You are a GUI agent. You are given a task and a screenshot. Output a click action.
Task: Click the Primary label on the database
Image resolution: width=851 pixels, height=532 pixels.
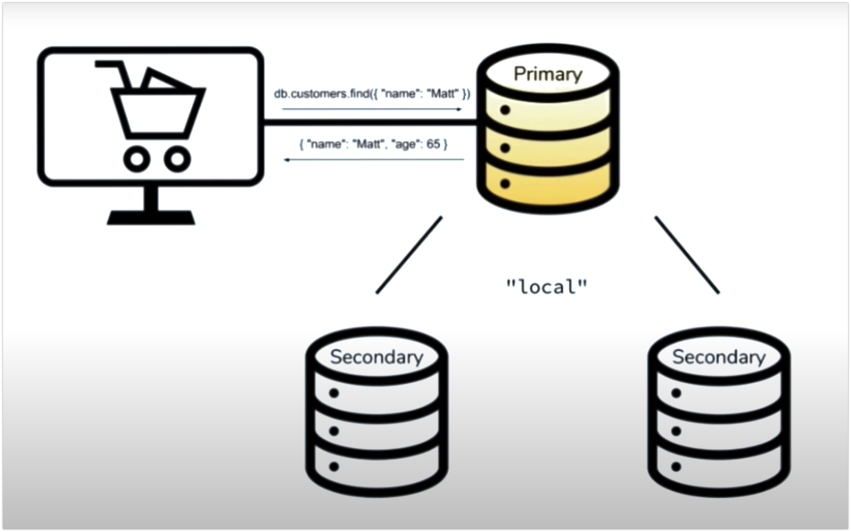pos(548,74)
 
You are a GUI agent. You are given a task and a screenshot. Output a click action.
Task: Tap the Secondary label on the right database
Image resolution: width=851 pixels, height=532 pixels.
pos(719,357)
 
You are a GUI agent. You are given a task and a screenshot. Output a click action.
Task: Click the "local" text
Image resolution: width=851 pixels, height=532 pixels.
pos(547,287)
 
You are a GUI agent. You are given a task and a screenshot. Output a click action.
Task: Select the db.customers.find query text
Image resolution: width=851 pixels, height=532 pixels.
pos(372,94)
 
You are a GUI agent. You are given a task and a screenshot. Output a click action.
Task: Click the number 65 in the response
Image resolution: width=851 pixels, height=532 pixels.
pos(433,144)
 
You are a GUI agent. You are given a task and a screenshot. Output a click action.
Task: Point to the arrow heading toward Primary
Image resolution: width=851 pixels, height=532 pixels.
pos(372,109)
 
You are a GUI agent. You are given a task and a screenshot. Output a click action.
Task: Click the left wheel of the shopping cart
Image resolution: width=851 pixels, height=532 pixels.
pos(137,159)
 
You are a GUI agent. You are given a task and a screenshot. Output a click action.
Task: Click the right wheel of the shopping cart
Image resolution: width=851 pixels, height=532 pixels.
pos(177,159)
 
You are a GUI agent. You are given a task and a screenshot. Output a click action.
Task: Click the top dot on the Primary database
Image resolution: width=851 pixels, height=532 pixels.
pos(505,110)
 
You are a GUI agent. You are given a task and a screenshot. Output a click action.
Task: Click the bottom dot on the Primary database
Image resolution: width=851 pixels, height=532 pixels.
pos(505,183)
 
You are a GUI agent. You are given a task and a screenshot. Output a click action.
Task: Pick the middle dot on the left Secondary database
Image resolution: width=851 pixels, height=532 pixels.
pos(334,431)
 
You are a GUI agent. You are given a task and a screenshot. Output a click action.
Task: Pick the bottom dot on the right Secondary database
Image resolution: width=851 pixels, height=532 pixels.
pos(676,466)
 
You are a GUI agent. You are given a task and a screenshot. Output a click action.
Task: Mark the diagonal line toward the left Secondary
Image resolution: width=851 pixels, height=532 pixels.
pos(409,255)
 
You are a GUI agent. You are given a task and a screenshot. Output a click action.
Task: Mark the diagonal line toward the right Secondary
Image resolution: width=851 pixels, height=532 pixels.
pos(687,255)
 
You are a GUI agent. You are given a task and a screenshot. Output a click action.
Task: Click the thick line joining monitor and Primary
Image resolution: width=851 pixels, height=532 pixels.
pos(370,122)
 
